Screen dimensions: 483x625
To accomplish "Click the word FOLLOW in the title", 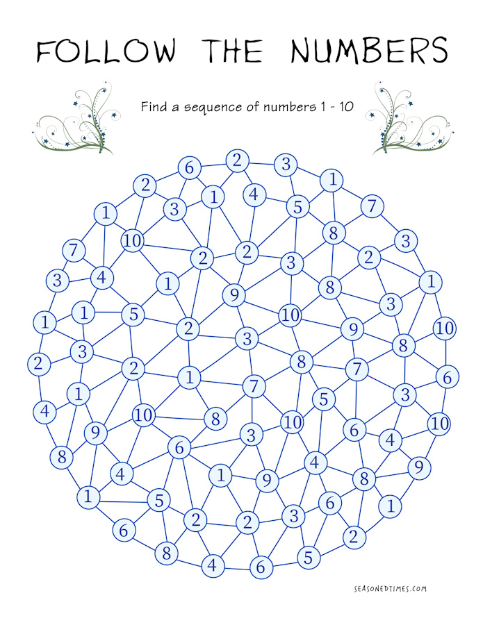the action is (106, 51).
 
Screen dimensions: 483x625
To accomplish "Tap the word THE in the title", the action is (233, 51).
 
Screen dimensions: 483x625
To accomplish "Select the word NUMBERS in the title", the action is (369, 50).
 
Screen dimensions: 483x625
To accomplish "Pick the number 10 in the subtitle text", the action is (346, 106).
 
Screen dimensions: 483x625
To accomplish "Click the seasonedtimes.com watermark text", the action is (390, 589).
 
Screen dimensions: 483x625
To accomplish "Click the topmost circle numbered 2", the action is (238, 161).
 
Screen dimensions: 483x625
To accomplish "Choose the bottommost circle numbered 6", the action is (261, 567).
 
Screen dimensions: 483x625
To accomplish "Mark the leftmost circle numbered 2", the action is (39, 364).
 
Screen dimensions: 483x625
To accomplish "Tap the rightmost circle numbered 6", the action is (447, 377).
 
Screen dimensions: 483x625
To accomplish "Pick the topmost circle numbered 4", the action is (254, 195).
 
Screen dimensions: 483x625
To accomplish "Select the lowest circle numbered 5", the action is (309, 557).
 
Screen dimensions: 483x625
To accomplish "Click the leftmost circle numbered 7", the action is (74, 251).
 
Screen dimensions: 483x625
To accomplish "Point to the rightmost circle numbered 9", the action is (419, 467).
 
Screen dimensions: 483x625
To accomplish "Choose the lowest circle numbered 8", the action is (166, 553).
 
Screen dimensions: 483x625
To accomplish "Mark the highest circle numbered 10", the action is (133, 240).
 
